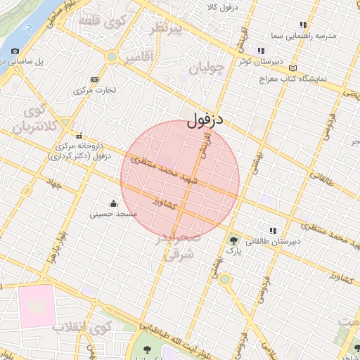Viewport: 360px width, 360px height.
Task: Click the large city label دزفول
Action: click(x=205, y=120)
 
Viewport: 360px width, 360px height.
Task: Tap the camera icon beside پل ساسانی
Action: click(x=15, y=51)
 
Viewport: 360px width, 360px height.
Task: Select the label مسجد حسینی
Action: click(x=115, y=214)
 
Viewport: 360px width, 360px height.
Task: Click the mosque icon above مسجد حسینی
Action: click(x=115, y=203)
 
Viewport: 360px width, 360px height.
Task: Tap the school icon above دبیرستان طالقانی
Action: click(x=272, y=231)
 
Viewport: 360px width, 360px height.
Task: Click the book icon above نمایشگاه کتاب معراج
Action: click(x=293, y=67)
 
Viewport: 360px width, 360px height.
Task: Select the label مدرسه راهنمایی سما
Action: click(x=304, y=34)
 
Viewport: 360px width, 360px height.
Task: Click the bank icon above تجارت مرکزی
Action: click(x=95, y=79)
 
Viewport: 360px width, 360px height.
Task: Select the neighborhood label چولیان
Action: click(x=209, y=68)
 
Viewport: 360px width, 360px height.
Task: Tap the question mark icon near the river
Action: click(x=27, y=29)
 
